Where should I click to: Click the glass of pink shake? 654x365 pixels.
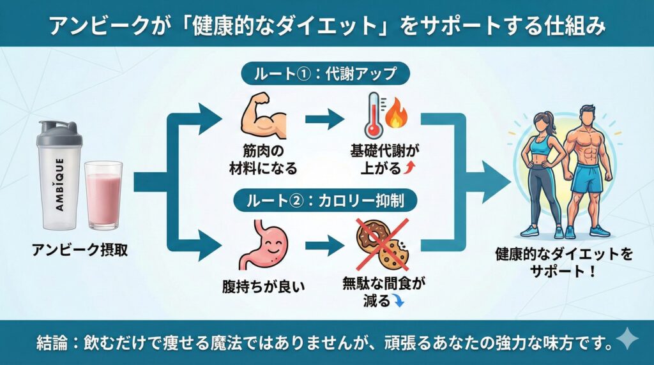click(x=103, y=195)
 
